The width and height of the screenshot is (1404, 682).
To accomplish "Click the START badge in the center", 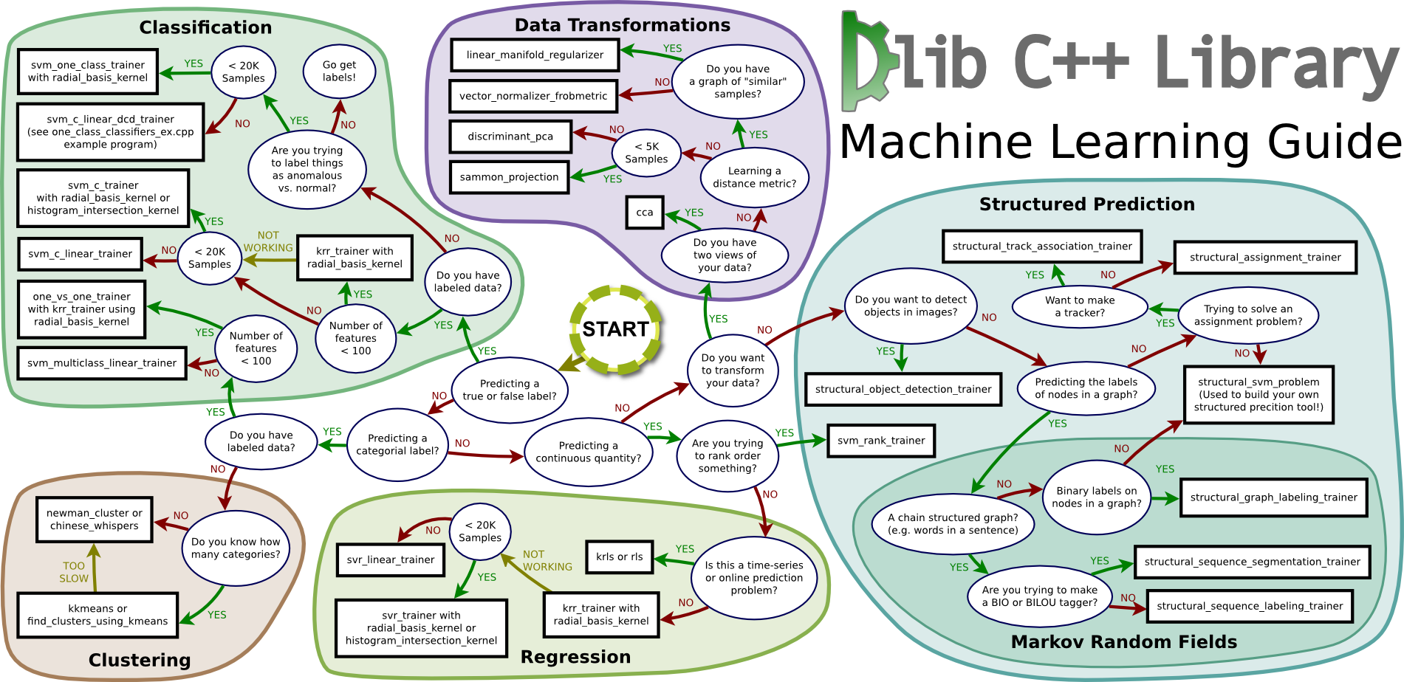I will pyautogui.click(x=615, y=329).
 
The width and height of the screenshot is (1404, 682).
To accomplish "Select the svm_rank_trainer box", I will pyautogui.click(x=881, y=441).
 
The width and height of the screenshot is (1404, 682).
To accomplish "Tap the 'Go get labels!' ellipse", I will pyautogui.click(x=339, y=71).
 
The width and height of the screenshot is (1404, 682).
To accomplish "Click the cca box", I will pyautogui.click(x=644, y=213).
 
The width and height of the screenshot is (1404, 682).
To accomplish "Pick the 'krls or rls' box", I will pyautogui.click(x=619, y=557).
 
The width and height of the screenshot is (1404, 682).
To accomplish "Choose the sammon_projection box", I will pyautogui.click(x=509, y=177).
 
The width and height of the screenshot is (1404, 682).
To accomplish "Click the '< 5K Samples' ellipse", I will pyautogui.click(x=646, y=153).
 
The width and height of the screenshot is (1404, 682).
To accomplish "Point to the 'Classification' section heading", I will pyautogui.click(x=205, y=27).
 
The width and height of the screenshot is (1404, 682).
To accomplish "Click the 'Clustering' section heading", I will pyautogui.click(x=140, y=660).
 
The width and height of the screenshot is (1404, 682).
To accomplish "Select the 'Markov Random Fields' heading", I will pyautogui.click(x=1123, y=642).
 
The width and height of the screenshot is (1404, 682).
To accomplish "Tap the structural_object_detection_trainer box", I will pyautogui.click(x=903, y=390).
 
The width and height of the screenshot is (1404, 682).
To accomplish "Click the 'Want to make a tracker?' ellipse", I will pyautogui.click(x=1080, y=306).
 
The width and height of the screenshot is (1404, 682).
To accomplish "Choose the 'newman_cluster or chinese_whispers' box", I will pyautogui.click(x=95, y=520).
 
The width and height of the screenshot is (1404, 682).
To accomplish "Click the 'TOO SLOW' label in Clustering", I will pyautogui.click(x=74, y=572).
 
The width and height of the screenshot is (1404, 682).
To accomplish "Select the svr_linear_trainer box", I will pyautogui.click(x=390, y=560).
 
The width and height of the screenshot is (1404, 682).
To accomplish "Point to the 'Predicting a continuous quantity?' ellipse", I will pyautogui.click(x=588, y=452).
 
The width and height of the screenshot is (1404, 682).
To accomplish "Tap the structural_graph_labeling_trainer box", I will pyautogui.click(x=1273, y=497).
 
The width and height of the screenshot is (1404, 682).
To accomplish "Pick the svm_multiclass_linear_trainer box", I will pyautogui.click(x=102, y=363).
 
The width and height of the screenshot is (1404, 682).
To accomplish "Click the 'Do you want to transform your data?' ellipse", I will pyautogui.click(x=733, y=371).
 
